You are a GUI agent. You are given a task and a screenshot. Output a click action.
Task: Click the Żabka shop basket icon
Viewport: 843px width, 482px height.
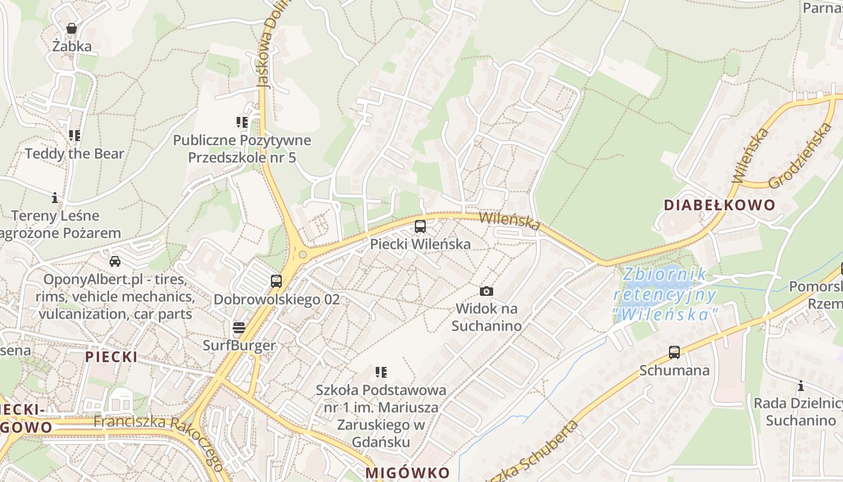(x=72, y=28)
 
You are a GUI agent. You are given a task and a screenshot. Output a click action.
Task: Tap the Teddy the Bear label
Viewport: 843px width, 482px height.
(x=74, y=154)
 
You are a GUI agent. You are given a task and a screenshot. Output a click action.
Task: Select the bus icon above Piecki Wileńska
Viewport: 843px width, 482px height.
(x=420, y=227)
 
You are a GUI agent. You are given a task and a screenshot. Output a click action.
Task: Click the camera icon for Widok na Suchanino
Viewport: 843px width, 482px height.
(x=487, y=292)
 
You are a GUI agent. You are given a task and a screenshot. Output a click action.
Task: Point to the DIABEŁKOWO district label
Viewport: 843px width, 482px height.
(x=720, y=205)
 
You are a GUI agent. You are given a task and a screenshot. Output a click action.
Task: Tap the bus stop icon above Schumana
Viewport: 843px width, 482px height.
(x=674, y=352)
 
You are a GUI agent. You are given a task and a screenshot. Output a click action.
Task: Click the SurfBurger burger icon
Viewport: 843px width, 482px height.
(x=239, y=328)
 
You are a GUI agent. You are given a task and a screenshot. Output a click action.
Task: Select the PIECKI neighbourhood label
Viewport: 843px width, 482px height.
(x=111, y=357)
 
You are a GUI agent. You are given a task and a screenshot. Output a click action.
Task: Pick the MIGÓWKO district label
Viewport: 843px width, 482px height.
(x=408, y=472)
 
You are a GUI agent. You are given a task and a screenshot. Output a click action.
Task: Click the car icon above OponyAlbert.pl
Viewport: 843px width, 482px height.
(x=114, y=261)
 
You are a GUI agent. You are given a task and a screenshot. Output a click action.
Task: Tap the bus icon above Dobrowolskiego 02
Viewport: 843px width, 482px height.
(x=276, y=281)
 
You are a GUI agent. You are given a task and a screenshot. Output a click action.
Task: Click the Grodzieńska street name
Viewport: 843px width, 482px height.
(x=801, y=155)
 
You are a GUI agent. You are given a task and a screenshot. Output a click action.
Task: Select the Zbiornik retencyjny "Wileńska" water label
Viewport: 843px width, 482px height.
(x=665, y=294)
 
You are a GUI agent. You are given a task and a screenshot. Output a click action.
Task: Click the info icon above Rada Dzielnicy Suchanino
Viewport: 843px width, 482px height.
(x=801, y=386)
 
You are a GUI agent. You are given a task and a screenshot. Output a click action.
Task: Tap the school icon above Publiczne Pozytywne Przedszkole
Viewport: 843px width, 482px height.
(x=242, y=123)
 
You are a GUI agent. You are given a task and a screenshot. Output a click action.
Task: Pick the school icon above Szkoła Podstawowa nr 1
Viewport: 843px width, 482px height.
(x=381, y=372)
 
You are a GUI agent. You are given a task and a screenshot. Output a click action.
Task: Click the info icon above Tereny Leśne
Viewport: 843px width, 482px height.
(x=55, y=198)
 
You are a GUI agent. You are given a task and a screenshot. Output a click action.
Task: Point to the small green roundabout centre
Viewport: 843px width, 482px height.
(x=302, y=255)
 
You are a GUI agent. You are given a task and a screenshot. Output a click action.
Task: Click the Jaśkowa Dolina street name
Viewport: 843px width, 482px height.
(x=266, y=51)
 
